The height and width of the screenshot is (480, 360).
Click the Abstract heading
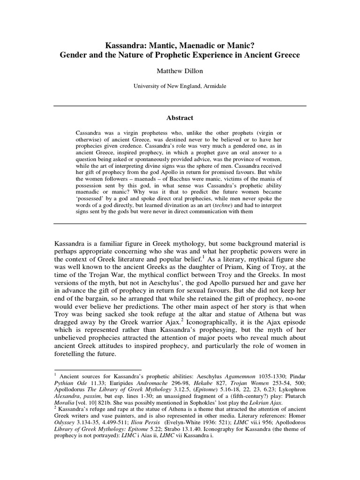(x=180, y=118)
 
